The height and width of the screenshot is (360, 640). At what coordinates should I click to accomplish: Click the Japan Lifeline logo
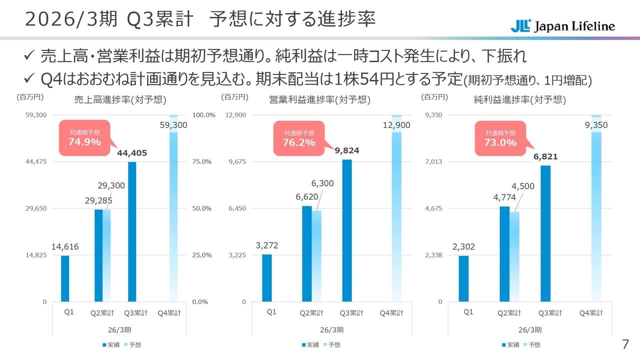(x=562, y=26)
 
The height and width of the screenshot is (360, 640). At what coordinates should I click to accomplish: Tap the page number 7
(x=625, y=344)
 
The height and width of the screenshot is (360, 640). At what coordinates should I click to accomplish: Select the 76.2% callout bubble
(x=299, y=138)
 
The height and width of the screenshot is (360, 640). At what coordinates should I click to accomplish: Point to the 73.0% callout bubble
(x=500, y=138)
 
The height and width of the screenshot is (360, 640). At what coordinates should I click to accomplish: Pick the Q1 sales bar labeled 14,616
(x=65, y=278)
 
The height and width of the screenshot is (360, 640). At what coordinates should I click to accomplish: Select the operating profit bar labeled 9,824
(x=347, y=230)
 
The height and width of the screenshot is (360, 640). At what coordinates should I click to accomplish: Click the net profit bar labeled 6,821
(x=545, y=233)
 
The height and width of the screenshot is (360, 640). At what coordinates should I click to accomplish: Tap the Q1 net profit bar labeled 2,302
(x=463, y=278)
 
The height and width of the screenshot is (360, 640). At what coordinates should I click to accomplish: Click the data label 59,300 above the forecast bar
(x=173, y=125)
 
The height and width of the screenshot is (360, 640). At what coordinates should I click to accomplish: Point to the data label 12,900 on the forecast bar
(x=396, y=125)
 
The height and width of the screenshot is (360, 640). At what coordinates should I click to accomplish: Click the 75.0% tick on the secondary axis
(x=203, y=161)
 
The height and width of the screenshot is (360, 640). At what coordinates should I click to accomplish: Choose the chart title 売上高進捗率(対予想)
(x=120, y=100)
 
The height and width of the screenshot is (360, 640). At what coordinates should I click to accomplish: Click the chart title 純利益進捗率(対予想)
(x=520, y=100)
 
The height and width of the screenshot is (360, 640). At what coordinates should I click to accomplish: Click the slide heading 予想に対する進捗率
(x=292, y=20)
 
